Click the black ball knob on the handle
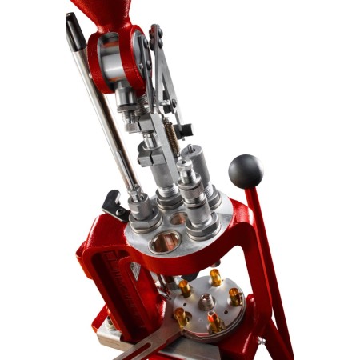[x=246, y=170]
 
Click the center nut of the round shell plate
[x=206, y=303]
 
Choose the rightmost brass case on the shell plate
[x=235, y=297]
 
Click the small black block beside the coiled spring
[x=185, y=128]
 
